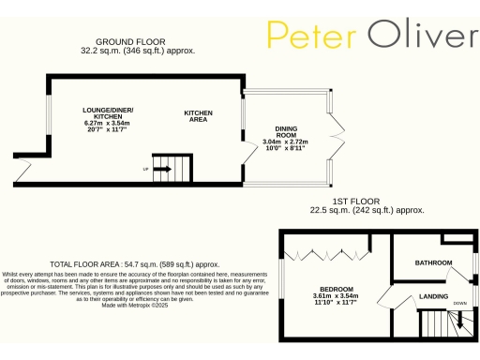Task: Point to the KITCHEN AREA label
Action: pos(198,116)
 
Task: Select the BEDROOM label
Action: pos(336,288)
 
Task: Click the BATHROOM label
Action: pos(434,262)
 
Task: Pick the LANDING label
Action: pos(433,297)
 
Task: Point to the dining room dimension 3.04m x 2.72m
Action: pos(292,142)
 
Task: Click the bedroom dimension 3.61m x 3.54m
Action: pos(336,295)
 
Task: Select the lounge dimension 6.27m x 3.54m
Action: pos(106,123)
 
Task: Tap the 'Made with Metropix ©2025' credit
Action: pos(134,306)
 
